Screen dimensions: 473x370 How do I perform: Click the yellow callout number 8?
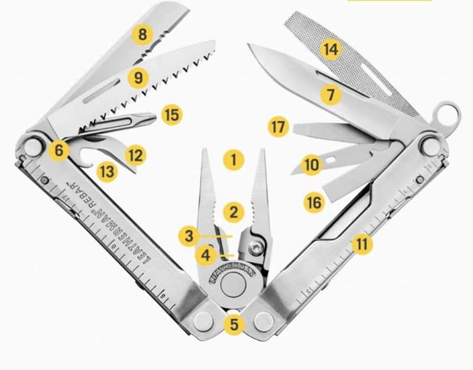point(142,34)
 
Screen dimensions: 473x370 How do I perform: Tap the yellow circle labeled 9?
point(138,78)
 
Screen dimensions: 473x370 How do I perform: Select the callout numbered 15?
point(172,115)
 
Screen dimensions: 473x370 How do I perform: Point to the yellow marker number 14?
point(331,49)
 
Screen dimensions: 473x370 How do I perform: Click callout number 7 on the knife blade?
point(331,95)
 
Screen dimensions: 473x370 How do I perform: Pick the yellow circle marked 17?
point(278,127)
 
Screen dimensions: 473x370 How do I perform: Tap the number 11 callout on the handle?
point(362,244)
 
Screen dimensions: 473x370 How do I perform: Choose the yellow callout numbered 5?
point(234,324)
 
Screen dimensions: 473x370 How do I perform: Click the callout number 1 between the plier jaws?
point(234,159)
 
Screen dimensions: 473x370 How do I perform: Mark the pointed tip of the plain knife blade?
point(248,45)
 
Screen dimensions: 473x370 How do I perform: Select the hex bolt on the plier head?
point(256,249)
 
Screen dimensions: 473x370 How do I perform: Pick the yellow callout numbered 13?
point(107,172)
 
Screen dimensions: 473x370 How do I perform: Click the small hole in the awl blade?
point(331,159)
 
